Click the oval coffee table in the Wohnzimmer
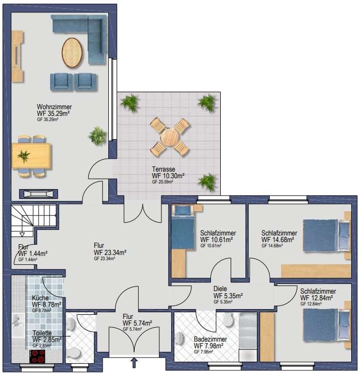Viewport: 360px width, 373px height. pos(72,53)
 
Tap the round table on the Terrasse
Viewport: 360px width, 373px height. pos(170,137)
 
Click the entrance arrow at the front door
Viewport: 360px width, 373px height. pos(134,363)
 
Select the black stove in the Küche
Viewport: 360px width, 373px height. pos(37,356)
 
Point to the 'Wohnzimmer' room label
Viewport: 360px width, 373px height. pos(54,107)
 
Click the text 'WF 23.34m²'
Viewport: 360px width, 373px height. pos(110,252)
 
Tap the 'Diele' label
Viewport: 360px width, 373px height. pos(220,289)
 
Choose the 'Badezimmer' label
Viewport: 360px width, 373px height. pos(210,339)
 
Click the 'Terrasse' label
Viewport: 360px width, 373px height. pos(163,169)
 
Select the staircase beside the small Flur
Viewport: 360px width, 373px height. pos(34,221)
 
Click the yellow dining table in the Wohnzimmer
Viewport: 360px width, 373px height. pos(31,156)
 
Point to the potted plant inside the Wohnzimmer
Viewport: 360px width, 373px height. pos(97,136)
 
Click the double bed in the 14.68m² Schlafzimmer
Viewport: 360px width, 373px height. pos(326,235)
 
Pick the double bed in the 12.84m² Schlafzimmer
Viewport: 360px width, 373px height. pos(326,325)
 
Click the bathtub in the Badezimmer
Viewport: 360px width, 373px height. pos(248,337)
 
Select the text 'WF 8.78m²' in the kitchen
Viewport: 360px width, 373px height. pos(46,304)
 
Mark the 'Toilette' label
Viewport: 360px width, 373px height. pos(42,333)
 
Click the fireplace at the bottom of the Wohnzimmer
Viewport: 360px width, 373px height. pos(38,194)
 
